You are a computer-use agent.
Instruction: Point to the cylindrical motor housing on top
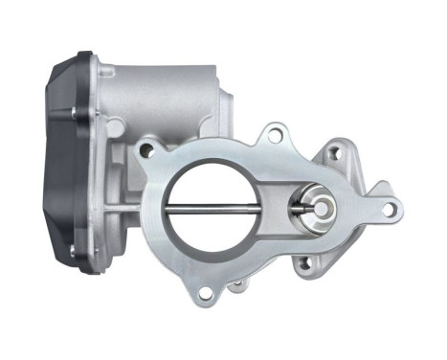pos(163,91)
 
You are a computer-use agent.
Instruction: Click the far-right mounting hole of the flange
pos(389,206)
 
